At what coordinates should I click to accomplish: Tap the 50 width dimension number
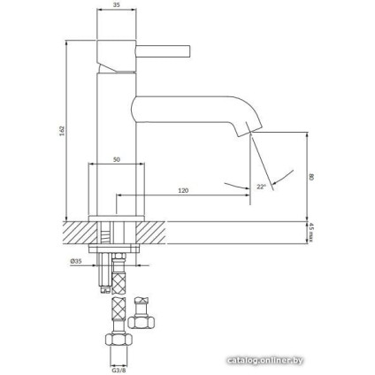(116, 159)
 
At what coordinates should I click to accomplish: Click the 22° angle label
(260, 187)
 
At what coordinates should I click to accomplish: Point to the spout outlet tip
(247, 133)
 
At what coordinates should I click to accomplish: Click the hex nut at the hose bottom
(115, 340)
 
